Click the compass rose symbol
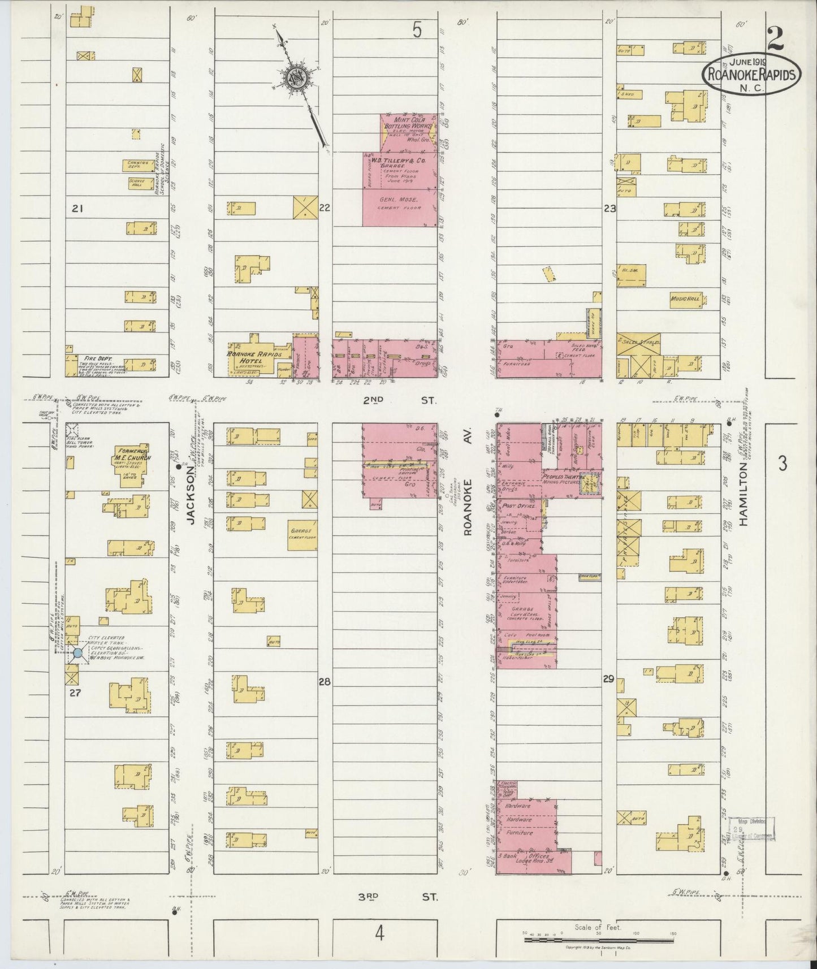[296, 78]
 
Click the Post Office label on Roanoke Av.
[518, 506]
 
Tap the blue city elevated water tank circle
[77, 654]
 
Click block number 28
[324, 682]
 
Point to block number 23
[609, 209]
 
